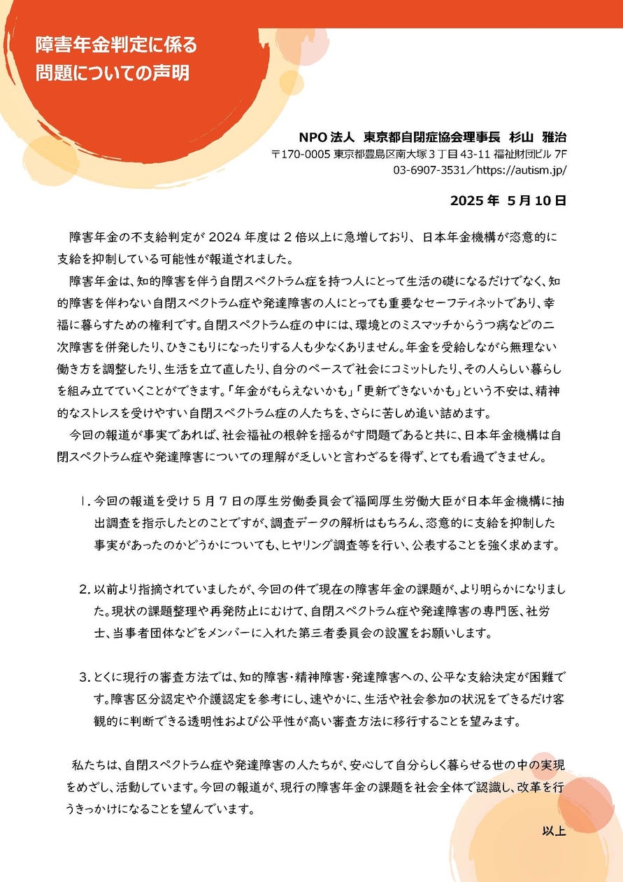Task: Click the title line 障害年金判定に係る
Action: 116,46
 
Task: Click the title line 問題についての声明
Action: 112,73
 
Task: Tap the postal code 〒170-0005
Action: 301,154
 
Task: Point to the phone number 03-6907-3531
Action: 431,170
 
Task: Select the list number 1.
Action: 84,501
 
